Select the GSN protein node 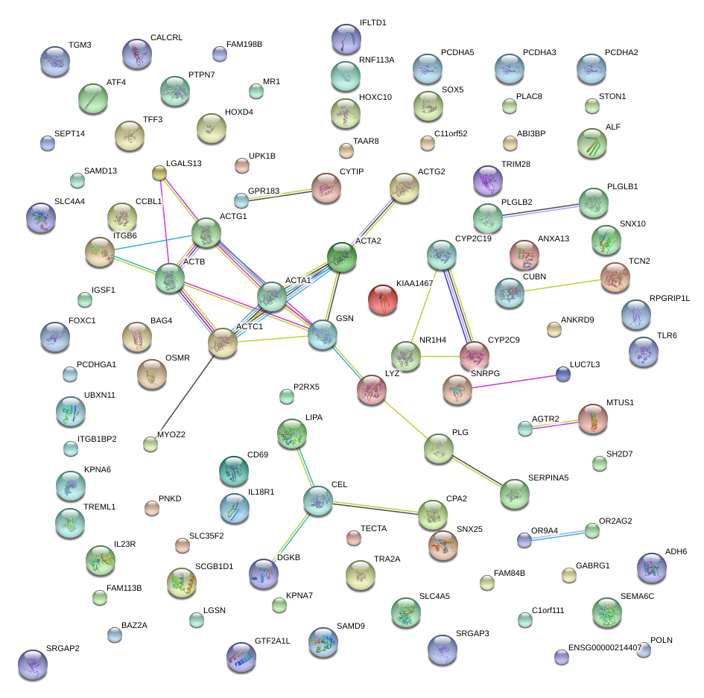tap(323, 334)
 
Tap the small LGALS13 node tap(159, 174)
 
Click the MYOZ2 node tap(150, 445)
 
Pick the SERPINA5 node tap(514, 494)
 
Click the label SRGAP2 tap(63, 648)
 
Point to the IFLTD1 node tap(346, 39)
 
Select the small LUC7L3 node tap(563, 374)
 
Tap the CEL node tap(318, 500)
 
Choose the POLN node tap(644, 650)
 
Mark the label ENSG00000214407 tap(604, 648)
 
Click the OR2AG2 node tap(592, 530)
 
